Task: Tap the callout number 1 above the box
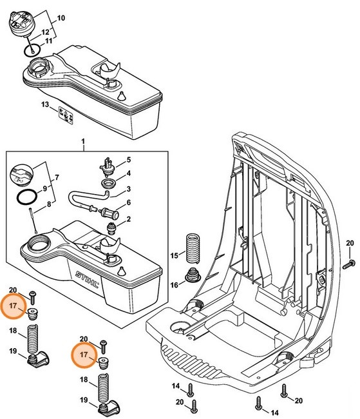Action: coord(83,141)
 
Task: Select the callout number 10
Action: coord(61,19)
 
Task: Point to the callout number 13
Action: coord(44,104)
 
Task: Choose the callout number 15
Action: coord(174,257)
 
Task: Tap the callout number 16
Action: coord(174,284)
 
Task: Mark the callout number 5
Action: coord(128,160)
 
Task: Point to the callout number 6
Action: coord(128,202)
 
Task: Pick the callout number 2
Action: coord(128,220)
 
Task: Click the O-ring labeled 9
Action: coord(24,196)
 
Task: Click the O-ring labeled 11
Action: coord(29,49)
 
